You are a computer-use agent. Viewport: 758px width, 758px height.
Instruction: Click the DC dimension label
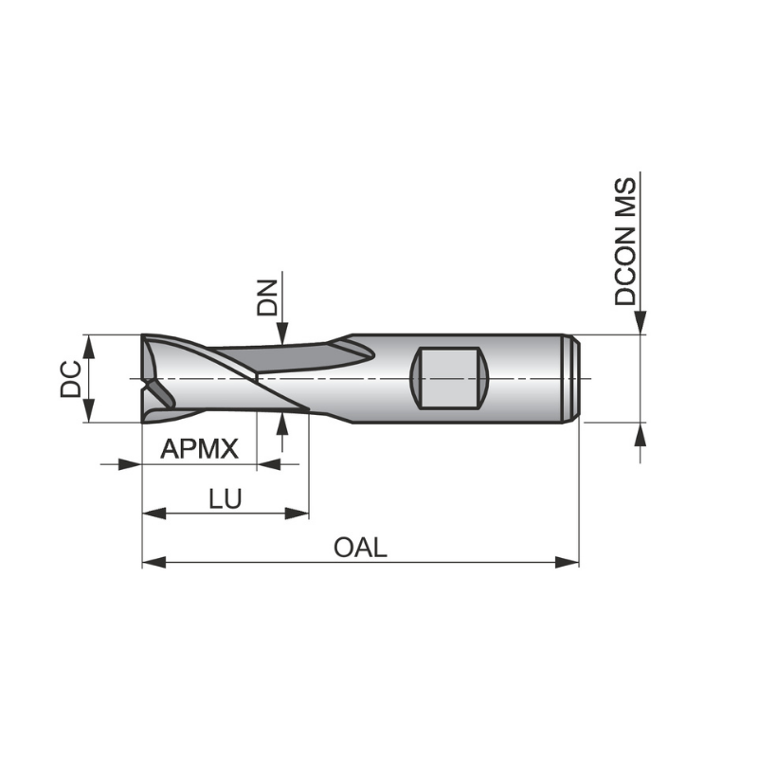coord(69,378)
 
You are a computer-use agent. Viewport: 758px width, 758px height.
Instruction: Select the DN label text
coord(268,297)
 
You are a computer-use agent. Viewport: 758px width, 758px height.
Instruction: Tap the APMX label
coord(199,448)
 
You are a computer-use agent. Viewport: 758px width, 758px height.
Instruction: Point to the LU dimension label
coord(226,498)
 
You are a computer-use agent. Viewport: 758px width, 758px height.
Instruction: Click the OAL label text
coord(360,548)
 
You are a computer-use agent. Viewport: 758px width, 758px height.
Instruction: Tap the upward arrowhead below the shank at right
coord(641,434)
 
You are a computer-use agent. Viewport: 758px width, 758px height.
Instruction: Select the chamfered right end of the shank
coord(572,378)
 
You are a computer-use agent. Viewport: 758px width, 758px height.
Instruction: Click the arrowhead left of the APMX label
coord(130,464)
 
